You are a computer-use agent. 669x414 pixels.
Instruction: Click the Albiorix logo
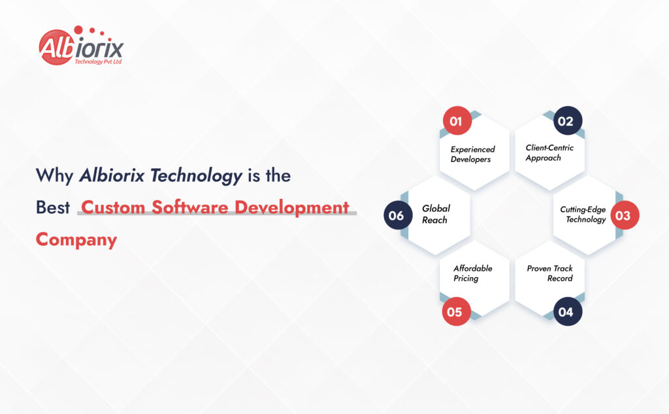pyautogui.click(x=81, y=46)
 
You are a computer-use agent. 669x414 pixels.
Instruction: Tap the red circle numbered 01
pyautogui.click(x=457, y=121)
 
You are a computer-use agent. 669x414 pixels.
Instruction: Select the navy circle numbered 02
pyautogui.click(x=568, y=121)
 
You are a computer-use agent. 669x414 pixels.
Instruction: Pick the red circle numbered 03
pyautogui.click(x=625, y=215)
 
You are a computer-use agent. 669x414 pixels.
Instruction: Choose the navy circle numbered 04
pyautogui.click(x=568, y=311)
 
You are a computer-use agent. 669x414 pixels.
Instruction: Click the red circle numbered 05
pyautogui.click(x=455, y=311)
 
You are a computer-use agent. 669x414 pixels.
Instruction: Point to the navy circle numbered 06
pyautogui.click(x=398, y=215)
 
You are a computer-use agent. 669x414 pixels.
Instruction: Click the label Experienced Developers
pyautogui.click(x=472, y=154)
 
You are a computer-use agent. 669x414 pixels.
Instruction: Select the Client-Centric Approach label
pyautogui.click(x=549, y=153)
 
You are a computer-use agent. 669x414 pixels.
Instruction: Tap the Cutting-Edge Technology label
pyautogui.click(x=583, y=215)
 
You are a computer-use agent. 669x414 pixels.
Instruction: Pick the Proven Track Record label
pyautogui.click(x=549, y=273)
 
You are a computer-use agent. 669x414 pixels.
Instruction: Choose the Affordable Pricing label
pyautogui.click(x=473, y=273)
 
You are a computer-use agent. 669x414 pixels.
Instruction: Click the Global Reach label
pyautogui.click(x=436, y=214)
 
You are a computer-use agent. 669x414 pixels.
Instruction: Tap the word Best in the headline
pyautogui.click(x=53, y=207)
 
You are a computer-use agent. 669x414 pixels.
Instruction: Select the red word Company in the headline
pyautogui.click(x=76, y=240)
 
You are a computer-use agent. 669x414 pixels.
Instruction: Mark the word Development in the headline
pyautogui.click(x=292, y=208)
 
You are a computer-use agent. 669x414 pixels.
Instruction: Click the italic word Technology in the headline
pyautogui.click(x=197, y=176)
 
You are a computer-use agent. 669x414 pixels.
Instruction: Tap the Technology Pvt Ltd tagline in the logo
pyautogui.click(x=98, y=61)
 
